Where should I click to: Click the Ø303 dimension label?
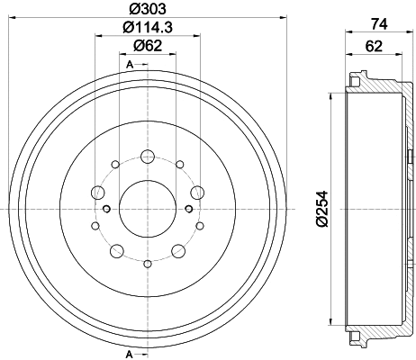point(147,12)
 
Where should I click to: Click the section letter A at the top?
point(130,65)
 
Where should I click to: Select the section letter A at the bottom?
point(130,352)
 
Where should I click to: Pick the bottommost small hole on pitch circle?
point(147,264)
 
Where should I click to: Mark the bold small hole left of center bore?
point(106,209)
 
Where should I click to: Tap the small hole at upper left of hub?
point(115,165)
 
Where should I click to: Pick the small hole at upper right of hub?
point(178,165)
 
